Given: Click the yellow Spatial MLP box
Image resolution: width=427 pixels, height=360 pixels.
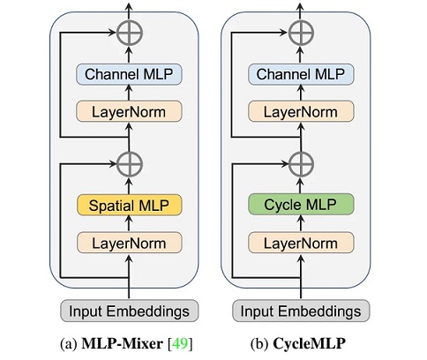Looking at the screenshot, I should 129,206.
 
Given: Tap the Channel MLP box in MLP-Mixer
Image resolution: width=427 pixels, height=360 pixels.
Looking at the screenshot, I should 129,76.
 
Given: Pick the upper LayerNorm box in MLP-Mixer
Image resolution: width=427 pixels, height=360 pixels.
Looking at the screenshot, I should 129,111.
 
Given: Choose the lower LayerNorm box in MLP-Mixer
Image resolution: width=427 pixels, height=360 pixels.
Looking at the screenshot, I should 129,241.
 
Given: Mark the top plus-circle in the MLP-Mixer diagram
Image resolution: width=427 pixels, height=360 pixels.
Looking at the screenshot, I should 129,34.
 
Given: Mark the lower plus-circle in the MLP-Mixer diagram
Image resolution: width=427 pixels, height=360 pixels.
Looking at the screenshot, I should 129,163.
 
